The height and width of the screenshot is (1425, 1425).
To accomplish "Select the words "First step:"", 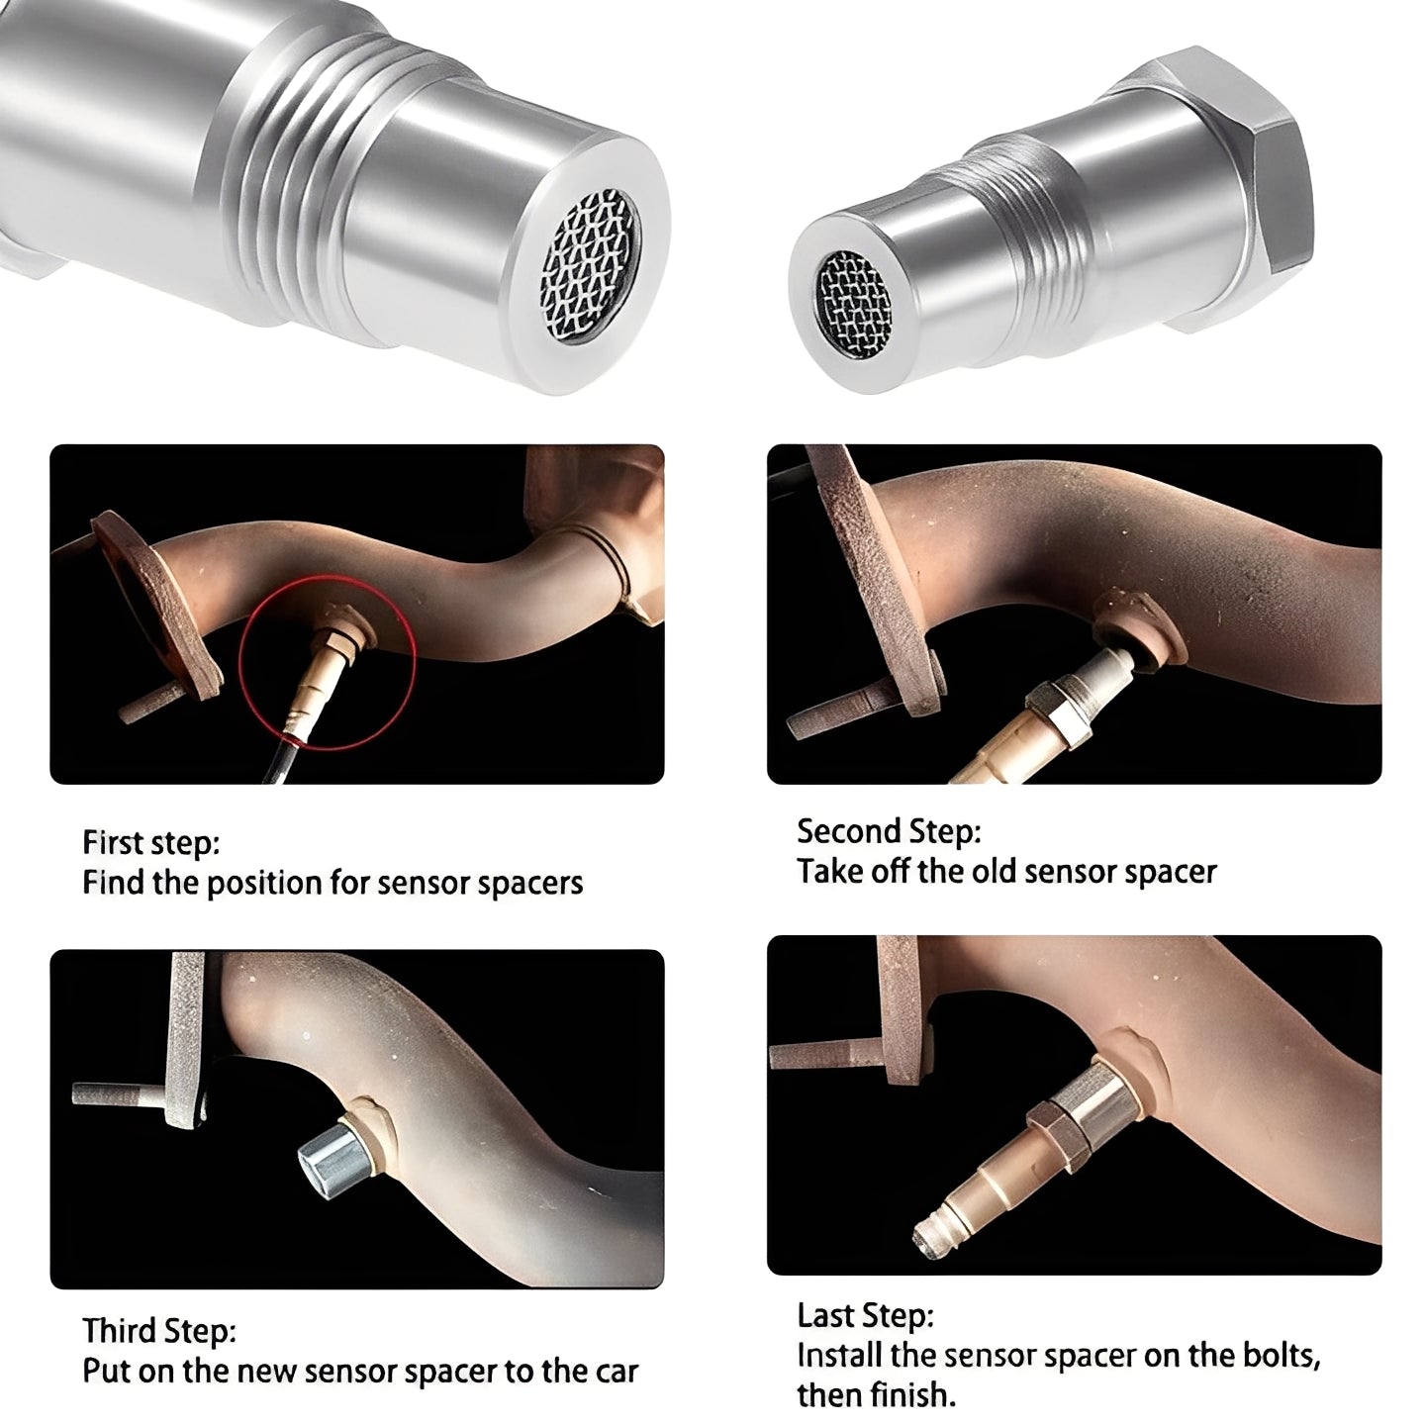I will pyautogui.click(x=150, y=843).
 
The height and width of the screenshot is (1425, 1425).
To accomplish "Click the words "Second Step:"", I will pyautogui.click(x=888, y=831).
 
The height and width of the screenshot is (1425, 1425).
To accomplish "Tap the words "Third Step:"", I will pyautogui.click(x=158, y=1330).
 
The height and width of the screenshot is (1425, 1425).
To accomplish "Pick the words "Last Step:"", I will pyautogui.click(x=865, y=1316).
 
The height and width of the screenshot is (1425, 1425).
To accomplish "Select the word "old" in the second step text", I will pyautogui.click(x=994, y=872).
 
